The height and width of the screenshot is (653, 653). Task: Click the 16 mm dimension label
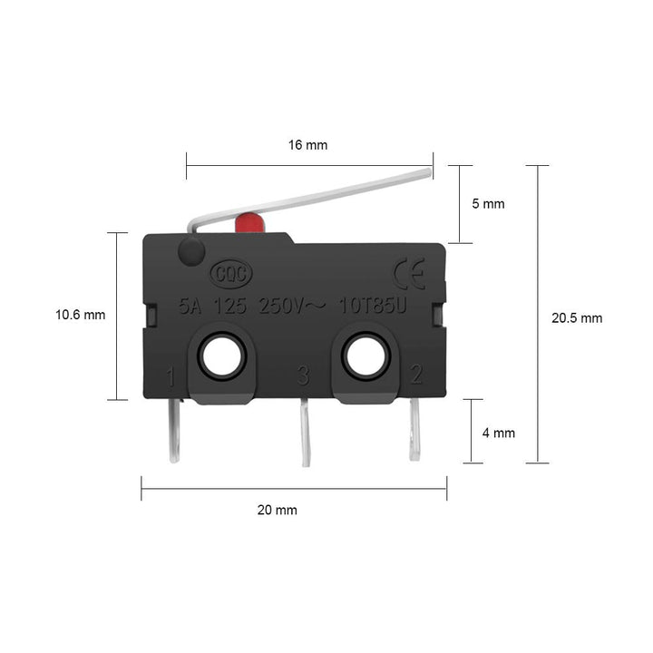point(308,145)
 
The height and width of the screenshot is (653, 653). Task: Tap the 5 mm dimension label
point(488,204)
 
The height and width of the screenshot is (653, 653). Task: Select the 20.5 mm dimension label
point(577,318)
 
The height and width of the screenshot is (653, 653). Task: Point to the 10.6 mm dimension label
point(81,316)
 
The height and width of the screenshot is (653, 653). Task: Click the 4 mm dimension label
point(498,434)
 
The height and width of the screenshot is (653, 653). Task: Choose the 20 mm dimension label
point(278,511)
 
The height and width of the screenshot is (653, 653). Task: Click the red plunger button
point(248,223)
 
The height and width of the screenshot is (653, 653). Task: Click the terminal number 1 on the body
point(171,374)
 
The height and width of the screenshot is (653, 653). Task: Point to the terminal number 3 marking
point(302,374)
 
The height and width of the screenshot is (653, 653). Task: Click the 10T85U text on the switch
point(373,307)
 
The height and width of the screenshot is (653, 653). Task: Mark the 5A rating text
point(190,307)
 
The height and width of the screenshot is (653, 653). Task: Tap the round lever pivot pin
point(190,253)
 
